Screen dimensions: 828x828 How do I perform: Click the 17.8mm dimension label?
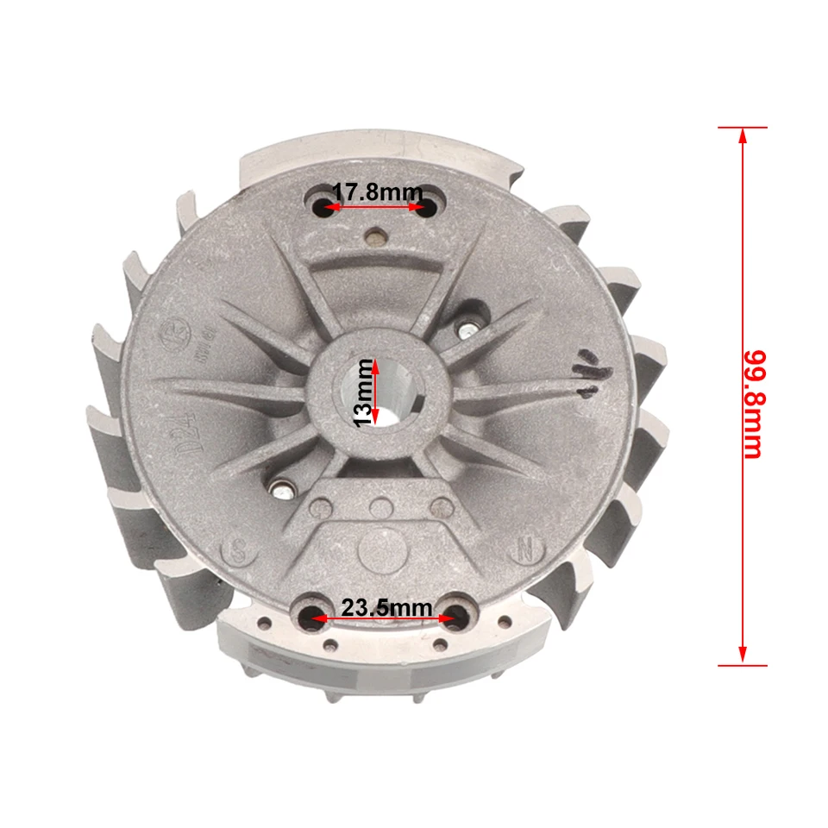pos(377,192)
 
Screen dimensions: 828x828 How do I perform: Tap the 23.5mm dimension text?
pos(386,608)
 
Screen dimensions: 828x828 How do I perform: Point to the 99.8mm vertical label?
pos(754,404)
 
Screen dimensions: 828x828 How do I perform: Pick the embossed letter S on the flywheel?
pos(238,551)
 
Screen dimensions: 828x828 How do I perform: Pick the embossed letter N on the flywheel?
pos(524,549)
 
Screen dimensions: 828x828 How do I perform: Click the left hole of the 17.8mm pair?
pos(321,206)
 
